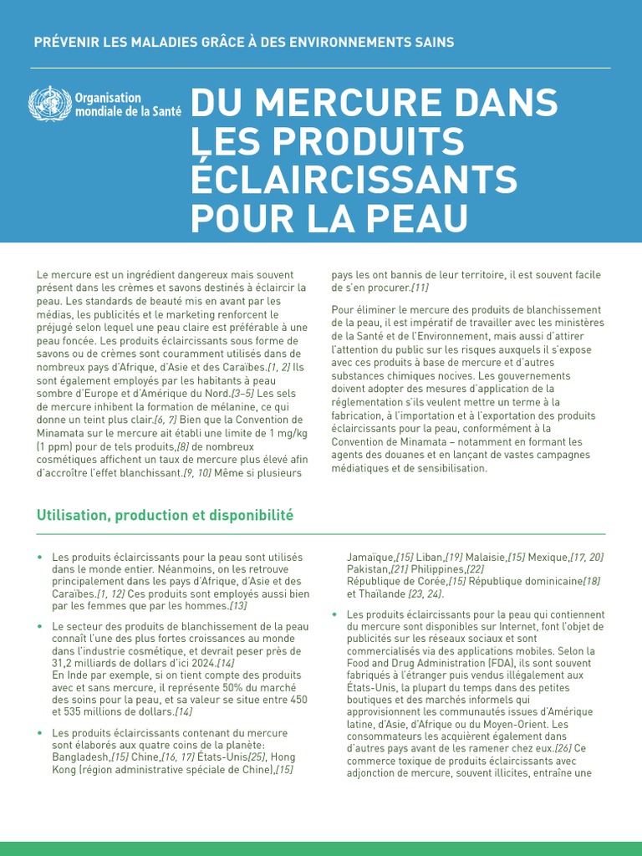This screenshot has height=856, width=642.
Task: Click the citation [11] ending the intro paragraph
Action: coord(417,288)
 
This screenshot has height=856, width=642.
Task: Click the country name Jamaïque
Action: coord(370,557)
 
